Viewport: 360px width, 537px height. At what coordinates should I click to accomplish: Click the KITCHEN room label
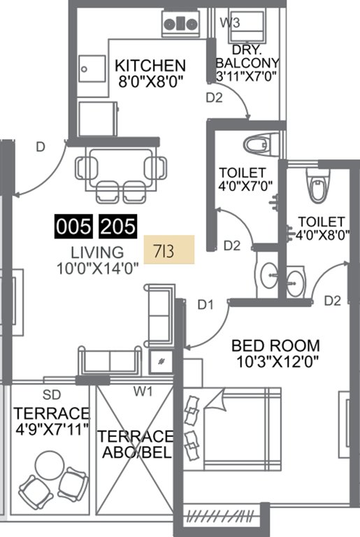point(150,66)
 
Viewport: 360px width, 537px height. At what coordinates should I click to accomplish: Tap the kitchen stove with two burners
point(181,24)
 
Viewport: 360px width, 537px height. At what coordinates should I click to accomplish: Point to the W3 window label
point(230,22)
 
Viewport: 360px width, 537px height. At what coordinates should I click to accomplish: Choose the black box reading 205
point(117,227)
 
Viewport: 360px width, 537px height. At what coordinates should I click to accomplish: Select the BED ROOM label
point(275,345)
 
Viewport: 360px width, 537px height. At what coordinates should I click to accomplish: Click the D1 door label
point(204,304)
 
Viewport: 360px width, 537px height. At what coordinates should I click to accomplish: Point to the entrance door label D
point(41,146)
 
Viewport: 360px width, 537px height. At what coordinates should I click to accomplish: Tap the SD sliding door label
point(51,394)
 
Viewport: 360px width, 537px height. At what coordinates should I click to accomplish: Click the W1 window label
point(143,392)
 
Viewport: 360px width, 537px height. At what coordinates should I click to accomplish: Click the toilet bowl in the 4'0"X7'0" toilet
point(252,145)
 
